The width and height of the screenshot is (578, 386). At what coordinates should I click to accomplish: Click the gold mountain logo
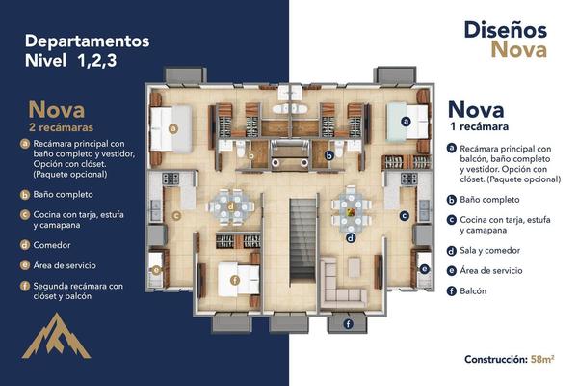tap(56, 338)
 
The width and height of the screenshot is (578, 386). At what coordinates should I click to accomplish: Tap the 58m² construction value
tap(542, 359)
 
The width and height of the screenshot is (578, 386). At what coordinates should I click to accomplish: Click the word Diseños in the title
tap(506, 30)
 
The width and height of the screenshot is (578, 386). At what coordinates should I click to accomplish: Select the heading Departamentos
tap(87, 41)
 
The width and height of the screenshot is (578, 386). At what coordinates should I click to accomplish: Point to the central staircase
tap(302, 240)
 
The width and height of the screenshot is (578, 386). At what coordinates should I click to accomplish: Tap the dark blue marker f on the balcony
tap(348, 324)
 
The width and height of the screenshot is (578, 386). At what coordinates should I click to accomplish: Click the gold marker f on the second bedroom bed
tap(235, 280)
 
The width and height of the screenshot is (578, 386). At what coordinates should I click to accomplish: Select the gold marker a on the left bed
tap(172, 128)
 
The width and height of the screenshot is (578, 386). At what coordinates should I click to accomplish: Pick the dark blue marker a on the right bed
tap(406, 122)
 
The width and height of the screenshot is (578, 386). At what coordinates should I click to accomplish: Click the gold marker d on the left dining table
tap(231, 207)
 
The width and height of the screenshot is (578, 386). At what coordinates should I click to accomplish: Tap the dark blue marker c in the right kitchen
tap(405, 216)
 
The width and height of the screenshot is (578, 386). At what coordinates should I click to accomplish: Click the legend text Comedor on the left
tap(52, 245)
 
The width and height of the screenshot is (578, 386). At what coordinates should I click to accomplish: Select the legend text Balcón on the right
tap(473, 291)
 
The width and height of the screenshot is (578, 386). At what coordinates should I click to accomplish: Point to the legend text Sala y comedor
tap(490, 251)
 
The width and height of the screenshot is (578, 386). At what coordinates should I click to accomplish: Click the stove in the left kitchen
tap(171, 179)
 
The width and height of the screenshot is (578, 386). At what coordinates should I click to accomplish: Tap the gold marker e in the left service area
tap(156, 270)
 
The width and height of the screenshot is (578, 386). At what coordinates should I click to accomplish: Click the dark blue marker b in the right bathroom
tap(328, 155)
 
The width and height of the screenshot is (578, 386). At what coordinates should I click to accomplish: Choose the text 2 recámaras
tap(61, 127)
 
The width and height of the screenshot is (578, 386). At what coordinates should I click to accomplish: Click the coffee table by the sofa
tap(355, 267)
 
